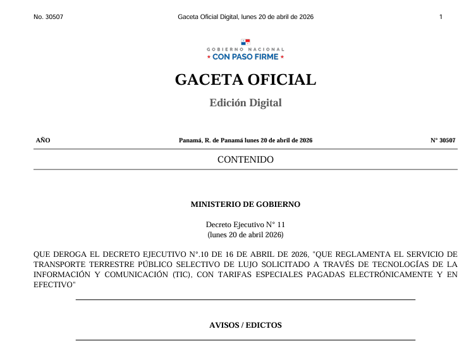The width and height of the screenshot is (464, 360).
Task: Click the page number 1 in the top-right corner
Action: tap(441, 16)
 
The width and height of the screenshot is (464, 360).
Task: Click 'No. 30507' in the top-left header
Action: tap(48, 16)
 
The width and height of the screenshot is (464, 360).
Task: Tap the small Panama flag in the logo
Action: tap(245, 42)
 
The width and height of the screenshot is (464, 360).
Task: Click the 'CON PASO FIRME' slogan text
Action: tap(245, 57)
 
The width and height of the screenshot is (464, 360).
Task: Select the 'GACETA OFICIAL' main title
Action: tap(245, 80)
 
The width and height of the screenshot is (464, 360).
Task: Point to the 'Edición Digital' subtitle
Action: tap(245, 102)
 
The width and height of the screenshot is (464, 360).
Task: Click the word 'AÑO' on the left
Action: tap(43, 140)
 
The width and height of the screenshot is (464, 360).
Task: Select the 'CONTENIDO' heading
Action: tap(245, 159)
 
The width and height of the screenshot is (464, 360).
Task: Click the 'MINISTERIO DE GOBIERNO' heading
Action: tap(245, 204)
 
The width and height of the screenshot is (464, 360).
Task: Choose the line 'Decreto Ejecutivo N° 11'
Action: tap(245, 224)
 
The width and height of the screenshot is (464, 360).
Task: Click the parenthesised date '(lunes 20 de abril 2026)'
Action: tap(245, 234)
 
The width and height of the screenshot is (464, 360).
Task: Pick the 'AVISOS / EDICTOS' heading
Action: tap(245, 325)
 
